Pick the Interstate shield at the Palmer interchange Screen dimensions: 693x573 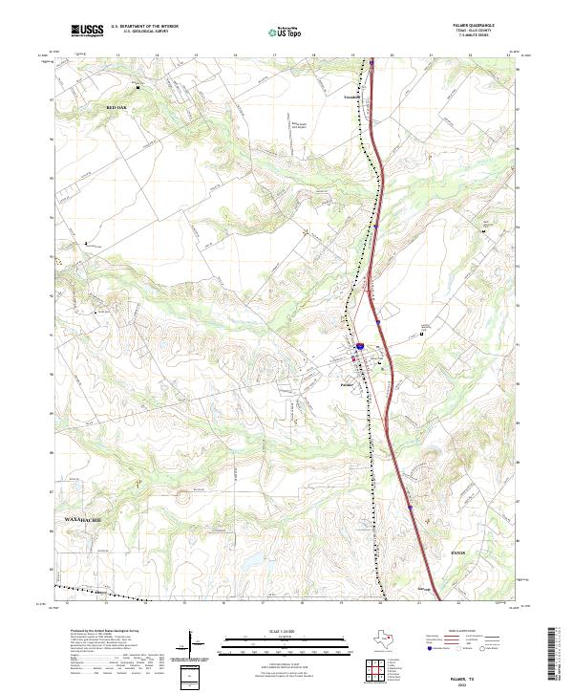coord(360,342)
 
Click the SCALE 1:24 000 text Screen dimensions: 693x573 coord(286,629)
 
